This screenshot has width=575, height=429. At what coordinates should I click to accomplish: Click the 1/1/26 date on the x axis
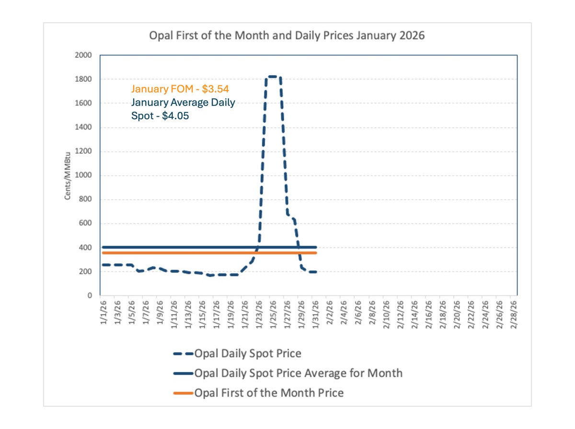(x=103, y=312)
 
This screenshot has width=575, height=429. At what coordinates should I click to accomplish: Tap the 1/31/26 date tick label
(x=315, y=312)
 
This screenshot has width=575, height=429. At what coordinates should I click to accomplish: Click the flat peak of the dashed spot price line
(x=273, y=77)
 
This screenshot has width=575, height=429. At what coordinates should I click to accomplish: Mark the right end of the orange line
(x=316, y=253)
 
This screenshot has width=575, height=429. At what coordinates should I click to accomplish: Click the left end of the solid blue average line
(x=103, y=247)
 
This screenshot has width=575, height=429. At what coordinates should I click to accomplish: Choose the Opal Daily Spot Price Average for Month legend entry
(x=298, y=373)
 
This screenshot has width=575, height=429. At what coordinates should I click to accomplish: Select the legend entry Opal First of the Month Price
(x=268, y=393)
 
